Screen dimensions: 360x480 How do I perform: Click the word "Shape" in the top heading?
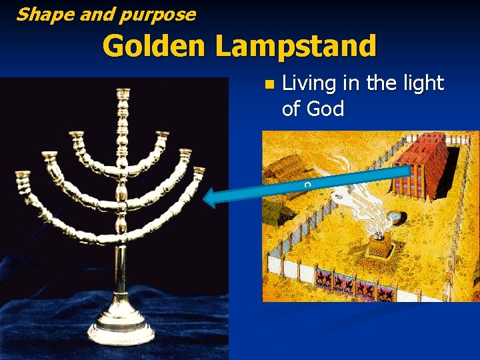(x=39, y=13)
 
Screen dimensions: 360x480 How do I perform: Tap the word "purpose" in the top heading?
(x=161, y=15)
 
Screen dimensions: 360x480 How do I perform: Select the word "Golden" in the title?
(x=154, y=46)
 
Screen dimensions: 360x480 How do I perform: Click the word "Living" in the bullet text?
(x=309, y=84)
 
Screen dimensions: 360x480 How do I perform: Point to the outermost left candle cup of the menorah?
(x=23, y=176)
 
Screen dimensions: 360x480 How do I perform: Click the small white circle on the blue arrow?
(x=307, y=184)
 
